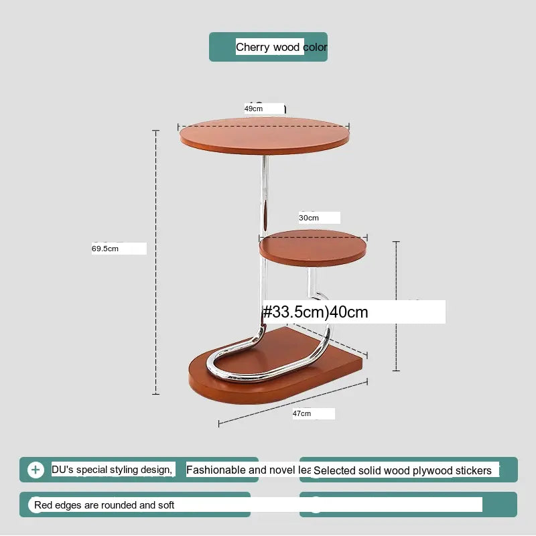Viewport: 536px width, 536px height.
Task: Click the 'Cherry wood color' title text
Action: [x=281, y=47]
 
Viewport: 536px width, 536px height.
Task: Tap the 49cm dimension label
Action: [x=253, y=108]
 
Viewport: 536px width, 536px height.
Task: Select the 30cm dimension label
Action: [x=309, y=218]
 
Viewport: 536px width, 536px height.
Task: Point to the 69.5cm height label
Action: [x=105, y=249]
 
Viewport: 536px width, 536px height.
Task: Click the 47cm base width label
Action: [x=301, y=413]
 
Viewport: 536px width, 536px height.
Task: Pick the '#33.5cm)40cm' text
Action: [x=315, y=312]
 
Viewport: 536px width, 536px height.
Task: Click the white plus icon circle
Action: [x=36, y=470]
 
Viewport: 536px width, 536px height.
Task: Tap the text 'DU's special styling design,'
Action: [x=112, y=470]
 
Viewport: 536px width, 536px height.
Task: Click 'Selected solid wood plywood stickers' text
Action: [x=403, y=471]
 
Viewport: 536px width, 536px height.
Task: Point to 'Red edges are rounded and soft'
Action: [x=105, y=505]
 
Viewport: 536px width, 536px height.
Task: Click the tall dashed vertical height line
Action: [x=156, y=261]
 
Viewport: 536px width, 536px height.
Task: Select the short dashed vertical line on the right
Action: [x=397, y=305]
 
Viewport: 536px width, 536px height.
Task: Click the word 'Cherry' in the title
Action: [x=253, y=47]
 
